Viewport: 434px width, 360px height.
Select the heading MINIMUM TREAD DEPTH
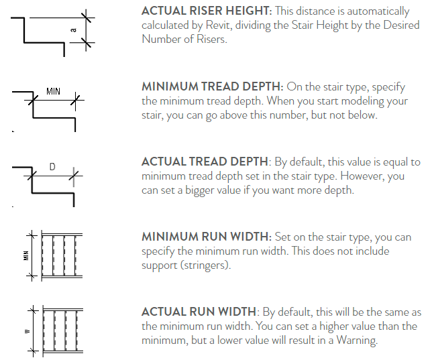(212, 87)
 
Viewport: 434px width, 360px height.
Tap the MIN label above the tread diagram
(54, 91)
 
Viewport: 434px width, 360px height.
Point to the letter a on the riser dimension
(74, 30)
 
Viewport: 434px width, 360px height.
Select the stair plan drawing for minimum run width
(62, 255)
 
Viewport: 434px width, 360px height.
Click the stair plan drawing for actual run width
(62, 330)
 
